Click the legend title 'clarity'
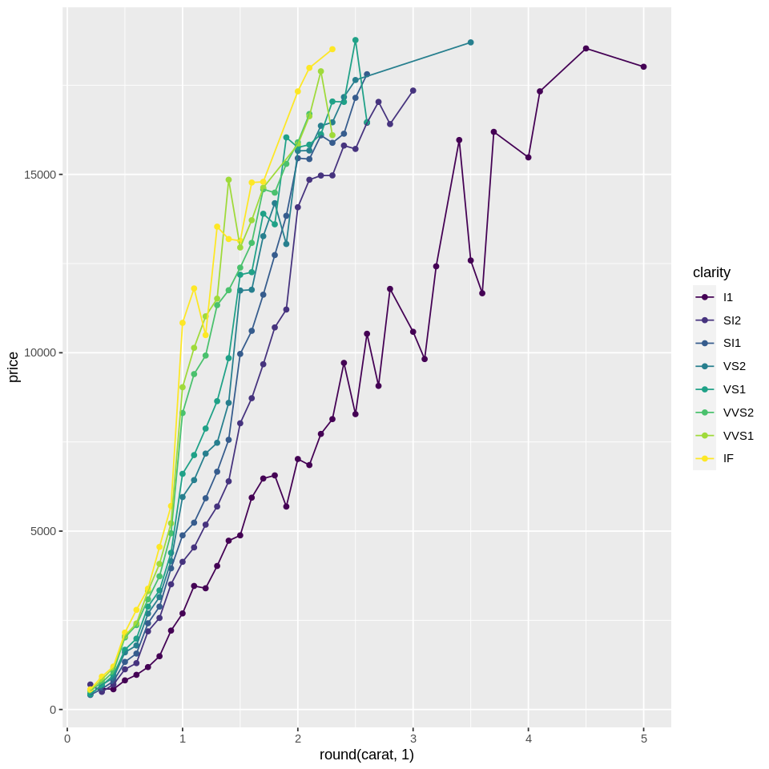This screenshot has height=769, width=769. pyautogui.click(x=711, y=272)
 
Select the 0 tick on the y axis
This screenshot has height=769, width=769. pyautogui.click(x=52, y=710)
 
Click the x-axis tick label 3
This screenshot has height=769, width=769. pyautogui.click(x=413, y=739)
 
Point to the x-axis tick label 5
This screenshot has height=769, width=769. pyautogui.click(x=644, y=739)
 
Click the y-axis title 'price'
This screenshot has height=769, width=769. pyautogui.click(x=13, y=367)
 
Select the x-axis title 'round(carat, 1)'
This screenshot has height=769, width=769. pyautogui.click(x=367, y=755)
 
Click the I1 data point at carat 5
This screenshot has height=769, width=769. pyautogui.click(x=643, y=66)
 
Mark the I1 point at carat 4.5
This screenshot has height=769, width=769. pyautogui.click(x=586, y=48)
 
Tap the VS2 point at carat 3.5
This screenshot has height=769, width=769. pyautogui.click(x=470, y=42)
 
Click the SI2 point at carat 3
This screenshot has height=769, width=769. pyautogui.click(x=413, y=91)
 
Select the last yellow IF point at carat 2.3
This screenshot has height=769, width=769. pyautogui.click(x=332, y=49)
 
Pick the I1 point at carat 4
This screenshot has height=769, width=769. pyautogui.click(x=528, y=157)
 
